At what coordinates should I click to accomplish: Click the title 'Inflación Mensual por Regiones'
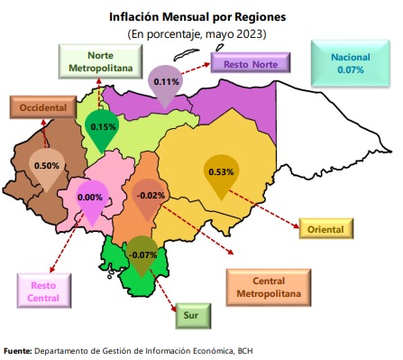pos(197,16)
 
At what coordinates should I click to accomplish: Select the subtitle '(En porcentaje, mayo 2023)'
pos(197,33)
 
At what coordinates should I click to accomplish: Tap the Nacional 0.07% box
pos(344,62)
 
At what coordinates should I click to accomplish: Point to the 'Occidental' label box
pos(40,107)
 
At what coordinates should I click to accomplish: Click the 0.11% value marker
pos(165,82)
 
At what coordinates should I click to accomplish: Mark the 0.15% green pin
pos(103,128)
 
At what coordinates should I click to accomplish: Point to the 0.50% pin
pos(47,166)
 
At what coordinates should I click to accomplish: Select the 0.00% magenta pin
pos(91,198)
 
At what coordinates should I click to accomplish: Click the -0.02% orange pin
pos(153,196)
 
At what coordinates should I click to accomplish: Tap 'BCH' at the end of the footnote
pos(234,350)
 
